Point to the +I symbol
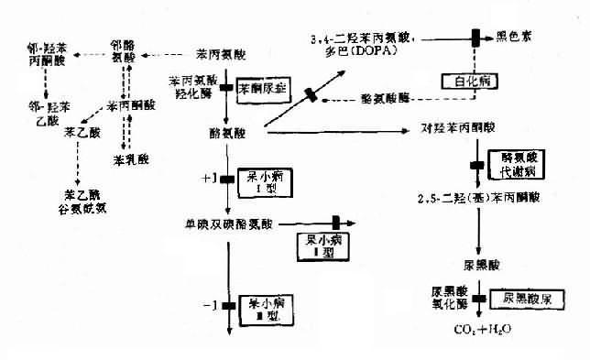pos(207,176)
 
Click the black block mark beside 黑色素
pos(476,38)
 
